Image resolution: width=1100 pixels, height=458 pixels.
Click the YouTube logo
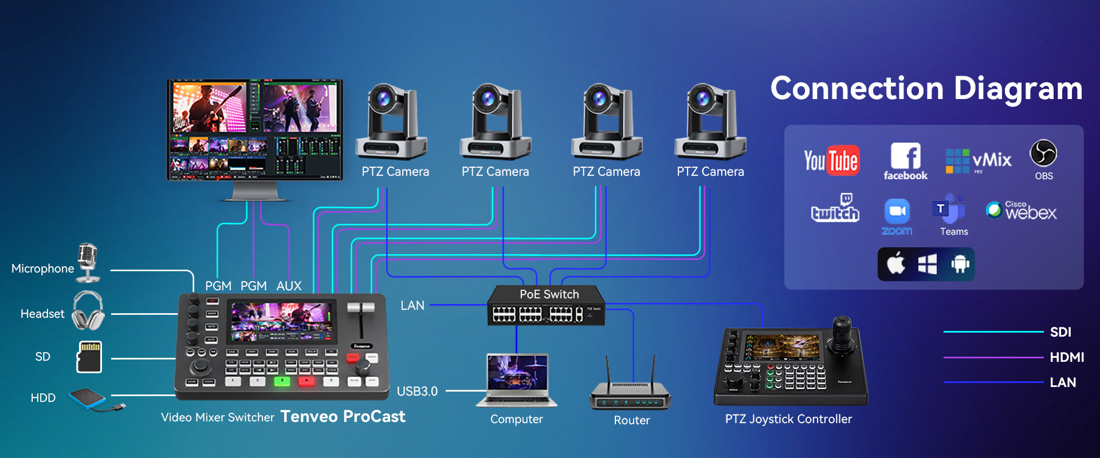click(x=831, y=160)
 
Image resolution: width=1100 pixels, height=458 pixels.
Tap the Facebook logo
click(x=906, y=161)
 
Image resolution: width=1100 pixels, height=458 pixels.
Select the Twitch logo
click(x=835, y=208)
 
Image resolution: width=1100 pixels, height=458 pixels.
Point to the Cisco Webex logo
click(x=1022, y=211)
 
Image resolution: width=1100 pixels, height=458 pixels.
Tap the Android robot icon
click(x=960, y=264)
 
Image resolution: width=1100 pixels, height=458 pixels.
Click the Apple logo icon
click(x=896, y=263)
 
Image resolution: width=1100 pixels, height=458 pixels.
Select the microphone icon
click(x=88, y=263)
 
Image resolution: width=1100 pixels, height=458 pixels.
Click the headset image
click(x=88, y=310)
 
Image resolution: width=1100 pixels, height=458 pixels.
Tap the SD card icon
click(x=89, y=357)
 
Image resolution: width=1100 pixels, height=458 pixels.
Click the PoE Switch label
click(x=549, y=294)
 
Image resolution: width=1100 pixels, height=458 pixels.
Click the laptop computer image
click(x=516, y=381)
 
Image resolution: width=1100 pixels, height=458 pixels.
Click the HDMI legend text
click(x=1067, y=357)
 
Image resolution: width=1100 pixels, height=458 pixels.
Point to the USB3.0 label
click(x=417, y=391)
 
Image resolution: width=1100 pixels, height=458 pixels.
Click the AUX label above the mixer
click(x=289, y=286)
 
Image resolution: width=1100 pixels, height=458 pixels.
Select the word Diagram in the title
click(x=1018, y=89)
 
